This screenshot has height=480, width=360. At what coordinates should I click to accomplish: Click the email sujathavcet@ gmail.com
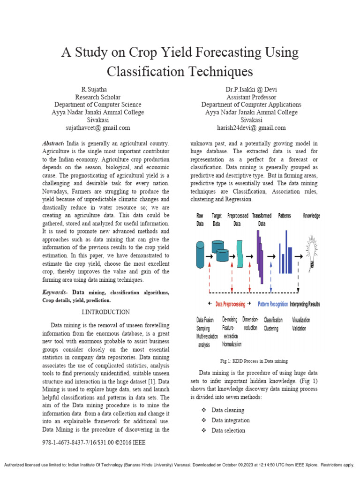tap(97, 128)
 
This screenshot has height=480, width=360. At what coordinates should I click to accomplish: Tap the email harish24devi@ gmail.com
tap(251, 128)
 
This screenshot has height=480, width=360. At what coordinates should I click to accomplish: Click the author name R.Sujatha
tap(97, 90)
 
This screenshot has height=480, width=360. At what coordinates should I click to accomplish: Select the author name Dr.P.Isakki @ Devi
tap(251, 90)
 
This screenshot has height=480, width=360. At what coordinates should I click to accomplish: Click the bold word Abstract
tap(53, 142)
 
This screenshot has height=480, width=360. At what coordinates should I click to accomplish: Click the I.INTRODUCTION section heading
tap(105, 312)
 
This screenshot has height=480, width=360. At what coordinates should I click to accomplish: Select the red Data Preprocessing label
tap(230, 304)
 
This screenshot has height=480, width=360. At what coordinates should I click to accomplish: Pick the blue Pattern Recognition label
tap(273, 304)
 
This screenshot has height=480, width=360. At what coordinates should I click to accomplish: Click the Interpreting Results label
tap(305, 304)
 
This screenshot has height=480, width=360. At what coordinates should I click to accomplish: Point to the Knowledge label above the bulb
tap(311, 216)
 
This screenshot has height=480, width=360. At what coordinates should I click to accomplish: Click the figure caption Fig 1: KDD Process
tap(254, 361)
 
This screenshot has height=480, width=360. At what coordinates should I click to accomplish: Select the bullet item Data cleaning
tap(228, 410)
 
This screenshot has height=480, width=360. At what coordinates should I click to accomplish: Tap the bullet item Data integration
tap(231, 420)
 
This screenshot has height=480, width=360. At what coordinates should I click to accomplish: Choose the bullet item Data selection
tap(228, 431)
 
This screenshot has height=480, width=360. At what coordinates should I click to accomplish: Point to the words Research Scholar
tap(97, 97)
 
